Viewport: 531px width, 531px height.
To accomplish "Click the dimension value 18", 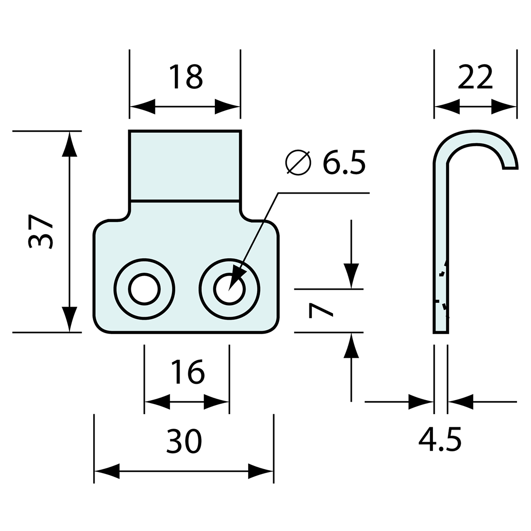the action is coord(186,77).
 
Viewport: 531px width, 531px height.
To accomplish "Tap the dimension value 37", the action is coord(41,232).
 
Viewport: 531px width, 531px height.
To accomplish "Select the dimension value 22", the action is coord(475,77).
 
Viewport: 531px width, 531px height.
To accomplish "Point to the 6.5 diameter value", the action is coord(344,163).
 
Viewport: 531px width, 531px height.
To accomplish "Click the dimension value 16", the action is coord(188,372).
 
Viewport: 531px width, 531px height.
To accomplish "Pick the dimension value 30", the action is coord(184,441).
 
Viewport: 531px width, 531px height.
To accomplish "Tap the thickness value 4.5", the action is coord(440,440).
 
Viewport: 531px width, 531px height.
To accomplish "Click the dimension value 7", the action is coord(321,311).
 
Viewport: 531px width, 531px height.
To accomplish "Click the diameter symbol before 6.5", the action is coord(298,163).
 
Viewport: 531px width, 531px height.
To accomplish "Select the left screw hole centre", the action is coord(144,289).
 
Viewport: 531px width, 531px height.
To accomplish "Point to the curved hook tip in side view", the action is coord(510,168).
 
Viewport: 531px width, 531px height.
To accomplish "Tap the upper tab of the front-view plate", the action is coord(185,166).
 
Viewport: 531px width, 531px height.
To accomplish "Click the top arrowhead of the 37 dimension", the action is coord(70,144).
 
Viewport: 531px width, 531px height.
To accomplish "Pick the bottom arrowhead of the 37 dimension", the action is coord(70,320).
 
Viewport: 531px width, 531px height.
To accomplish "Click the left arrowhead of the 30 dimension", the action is coord(107,471).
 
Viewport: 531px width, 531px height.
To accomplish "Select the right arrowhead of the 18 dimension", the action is coord(227,107).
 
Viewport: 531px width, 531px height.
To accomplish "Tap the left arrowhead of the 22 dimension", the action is coord(447,107).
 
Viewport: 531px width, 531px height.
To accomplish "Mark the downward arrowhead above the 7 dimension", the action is coord(351,276).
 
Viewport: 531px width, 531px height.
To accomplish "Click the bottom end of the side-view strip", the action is coord(441,333).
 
